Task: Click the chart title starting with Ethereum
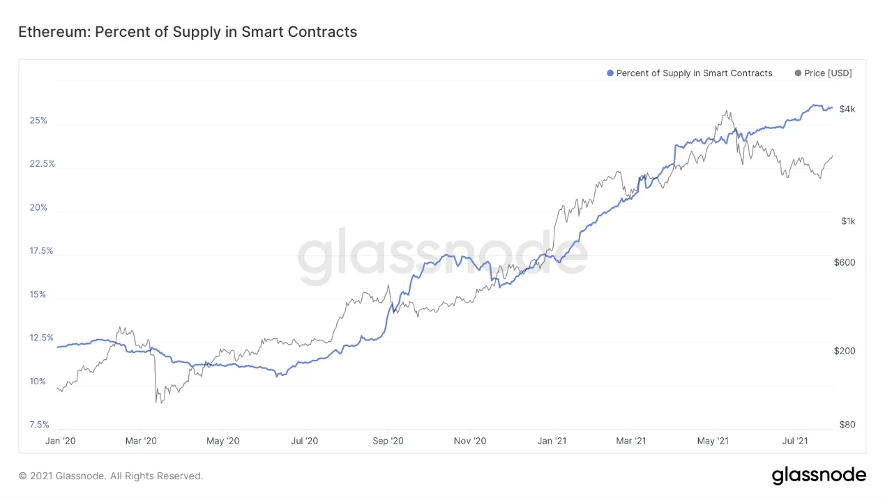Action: click(187, 32)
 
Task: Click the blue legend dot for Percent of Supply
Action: click(610, 73)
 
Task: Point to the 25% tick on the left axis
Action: click(38, 121)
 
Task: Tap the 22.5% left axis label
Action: click(42, 164)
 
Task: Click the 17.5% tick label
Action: click(42, 251)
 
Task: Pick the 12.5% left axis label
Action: click(42, 338)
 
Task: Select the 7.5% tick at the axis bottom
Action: click(40, 425)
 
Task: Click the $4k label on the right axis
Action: click(847, 109)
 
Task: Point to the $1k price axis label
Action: click(847, 221)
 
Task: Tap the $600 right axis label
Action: click(845, 262)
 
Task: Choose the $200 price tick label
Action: click(845, 351)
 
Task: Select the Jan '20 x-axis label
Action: click(60, 441)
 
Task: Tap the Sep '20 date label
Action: click(388, 441)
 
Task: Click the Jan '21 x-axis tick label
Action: click(552, 441)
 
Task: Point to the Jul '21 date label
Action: click(795, 441)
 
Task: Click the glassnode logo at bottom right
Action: click(819, 476)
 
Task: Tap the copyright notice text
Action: click(111, 476)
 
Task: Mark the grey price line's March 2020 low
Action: click(156, 402)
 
